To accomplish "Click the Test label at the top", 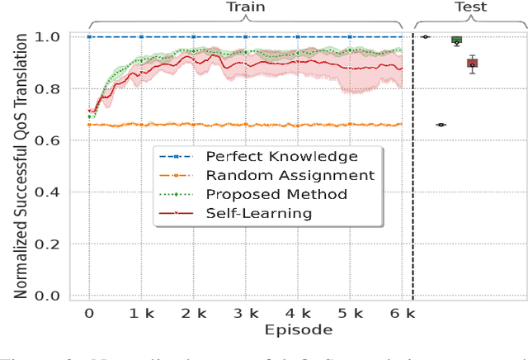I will click(470, 7).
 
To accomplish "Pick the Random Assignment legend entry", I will click(290, 175).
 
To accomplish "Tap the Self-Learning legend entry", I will click(258, 213).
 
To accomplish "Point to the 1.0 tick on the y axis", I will click(49, 37).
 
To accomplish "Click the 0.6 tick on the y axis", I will click(49, 141).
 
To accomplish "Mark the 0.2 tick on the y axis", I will click(49, 244).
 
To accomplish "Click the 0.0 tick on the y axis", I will click(49, 296).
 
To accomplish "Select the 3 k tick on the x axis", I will click(246, 314).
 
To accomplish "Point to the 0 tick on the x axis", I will click(89, 314).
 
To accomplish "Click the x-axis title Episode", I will click(298, 330).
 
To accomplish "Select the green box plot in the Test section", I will click(456, 40).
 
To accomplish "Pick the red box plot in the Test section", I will click(472, 64).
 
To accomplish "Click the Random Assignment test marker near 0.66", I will click(441, 125).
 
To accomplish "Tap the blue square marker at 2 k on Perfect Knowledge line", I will click(193, 36).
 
